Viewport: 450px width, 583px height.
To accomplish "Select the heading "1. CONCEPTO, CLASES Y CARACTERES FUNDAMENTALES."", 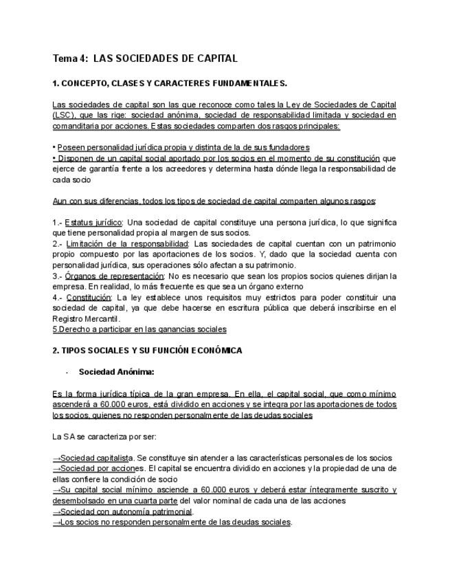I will (170, 83).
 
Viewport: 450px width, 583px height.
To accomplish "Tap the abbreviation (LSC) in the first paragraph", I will (65, 115).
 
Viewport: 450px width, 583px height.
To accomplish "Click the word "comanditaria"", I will (76, 126).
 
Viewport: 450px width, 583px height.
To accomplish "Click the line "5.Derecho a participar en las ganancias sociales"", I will (139, 329).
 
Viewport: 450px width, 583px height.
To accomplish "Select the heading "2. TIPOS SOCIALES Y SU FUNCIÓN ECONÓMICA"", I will (147, 351).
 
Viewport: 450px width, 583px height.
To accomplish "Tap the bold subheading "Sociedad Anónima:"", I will (116, 372).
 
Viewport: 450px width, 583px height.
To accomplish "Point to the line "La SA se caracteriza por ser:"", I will (104, 437).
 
